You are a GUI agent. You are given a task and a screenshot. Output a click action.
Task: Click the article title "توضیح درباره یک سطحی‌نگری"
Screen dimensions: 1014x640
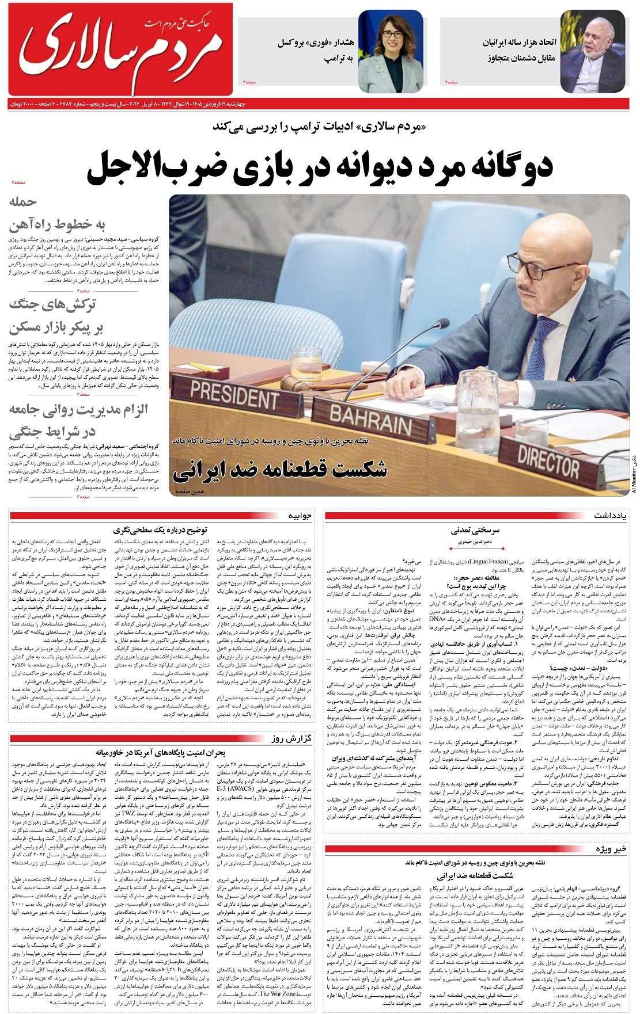(162, 529)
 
